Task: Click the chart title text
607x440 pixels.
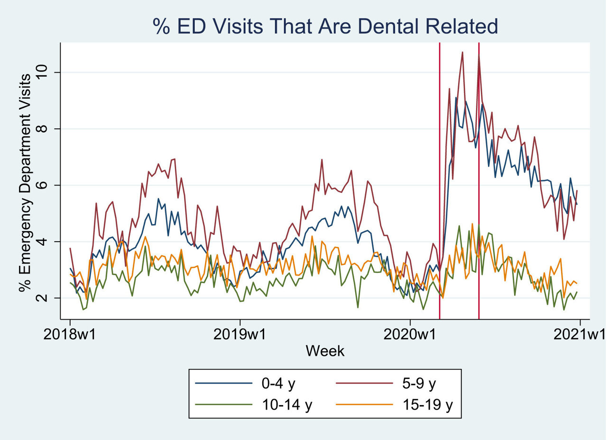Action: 325,26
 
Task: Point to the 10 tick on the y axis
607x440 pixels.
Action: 46,72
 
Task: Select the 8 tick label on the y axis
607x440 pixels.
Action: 46,129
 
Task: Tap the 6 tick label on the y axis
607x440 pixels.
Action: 46,185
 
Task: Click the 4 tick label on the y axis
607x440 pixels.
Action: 46,242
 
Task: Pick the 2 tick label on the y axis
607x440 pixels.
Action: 46,298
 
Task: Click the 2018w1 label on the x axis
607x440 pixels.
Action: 70,335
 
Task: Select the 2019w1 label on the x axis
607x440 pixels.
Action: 240,335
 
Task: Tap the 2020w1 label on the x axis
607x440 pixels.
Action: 410,335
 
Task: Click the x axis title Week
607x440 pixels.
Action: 325,351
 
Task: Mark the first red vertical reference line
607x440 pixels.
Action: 440,189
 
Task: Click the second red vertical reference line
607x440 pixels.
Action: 478,189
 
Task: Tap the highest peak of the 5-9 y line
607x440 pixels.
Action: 462,53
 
